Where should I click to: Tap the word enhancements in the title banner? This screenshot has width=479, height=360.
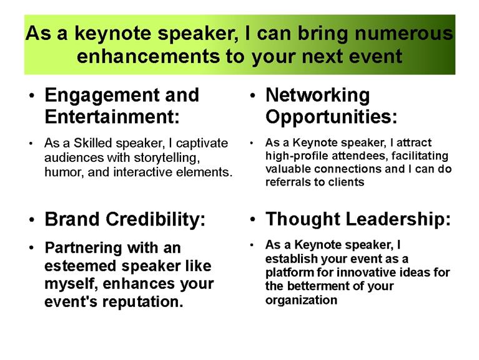point(148,56)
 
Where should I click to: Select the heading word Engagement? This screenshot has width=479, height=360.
point(102,96)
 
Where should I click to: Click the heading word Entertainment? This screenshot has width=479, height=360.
point(112,116)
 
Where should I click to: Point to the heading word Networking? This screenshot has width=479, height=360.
point(318,96)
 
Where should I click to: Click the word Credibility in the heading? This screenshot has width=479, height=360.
point(156,219)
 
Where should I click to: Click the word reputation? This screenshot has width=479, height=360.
point(142,302)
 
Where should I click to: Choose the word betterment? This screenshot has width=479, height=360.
point(319,286)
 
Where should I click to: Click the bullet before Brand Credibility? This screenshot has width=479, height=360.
point(32,220)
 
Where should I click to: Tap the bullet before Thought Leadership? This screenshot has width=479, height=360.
point(252,220)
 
